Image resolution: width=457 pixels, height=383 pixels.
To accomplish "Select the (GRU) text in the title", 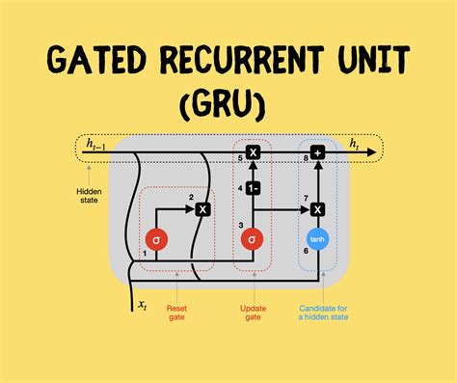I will [x=228, y=102].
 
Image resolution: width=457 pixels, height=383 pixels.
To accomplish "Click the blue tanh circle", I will [x=317, y=238].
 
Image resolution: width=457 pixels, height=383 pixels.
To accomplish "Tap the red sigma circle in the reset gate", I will [x=157, y=238].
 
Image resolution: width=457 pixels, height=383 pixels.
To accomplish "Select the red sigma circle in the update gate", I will [x=253, y=238].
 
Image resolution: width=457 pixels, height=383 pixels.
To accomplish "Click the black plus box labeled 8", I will [x=317, y=152].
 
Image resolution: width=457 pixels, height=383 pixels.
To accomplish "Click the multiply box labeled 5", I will [x=253, y=152].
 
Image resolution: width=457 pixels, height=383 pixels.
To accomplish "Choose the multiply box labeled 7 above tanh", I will [x=317, y=207].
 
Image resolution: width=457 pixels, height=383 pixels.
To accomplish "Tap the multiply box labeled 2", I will [x=202, y=207].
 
